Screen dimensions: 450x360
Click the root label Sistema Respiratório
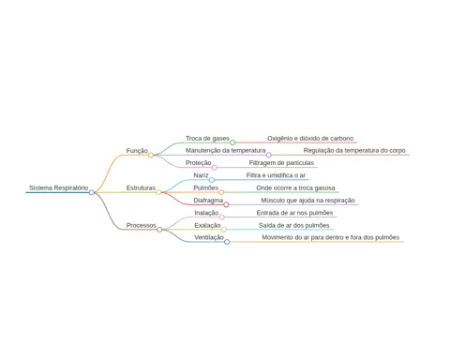[x=59, y=187]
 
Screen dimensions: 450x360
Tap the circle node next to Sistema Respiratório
[x=92, y=192]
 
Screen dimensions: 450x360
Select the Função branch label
[x=137, y=151]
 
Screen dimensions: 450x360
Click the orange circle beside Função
[x=151, y=155]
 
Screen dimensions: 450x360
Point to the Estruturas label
[x=141, y=187]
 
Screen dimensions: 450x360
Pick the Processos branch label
[x=141, y=225]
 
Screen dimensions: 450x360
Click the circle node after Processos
[x=159, y=230]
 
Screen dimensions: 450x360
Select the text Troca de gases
[x=207, y=139]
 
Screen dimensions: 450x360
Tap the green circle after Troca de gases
[x=232, y=142]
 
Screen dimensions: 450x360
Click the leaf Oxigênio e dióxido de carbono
[x=310, y=139]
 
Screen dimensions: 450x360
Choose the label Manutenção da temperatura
[x=225, y=150]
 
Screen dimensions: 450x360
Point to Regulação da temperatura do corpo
[x=354, y=150]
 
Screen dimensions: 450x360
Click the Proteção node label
[x=199, y=163]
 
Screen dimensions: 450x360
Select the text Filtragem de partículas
[x=281, y=163]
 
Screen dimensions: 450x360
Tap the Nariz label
[x=201, y=175]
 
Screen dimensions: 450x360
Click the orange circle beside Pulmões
[x=221, y=192]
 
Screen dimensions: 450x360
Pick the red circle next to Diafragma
[x=226, y=204]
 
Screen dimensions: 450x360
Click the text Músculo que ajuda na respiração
[x=307, y=201]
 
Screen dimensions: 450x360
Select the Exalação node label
[x=207, y=225]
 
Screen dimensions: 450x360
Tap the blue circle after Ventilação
[x=227, y=242]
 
